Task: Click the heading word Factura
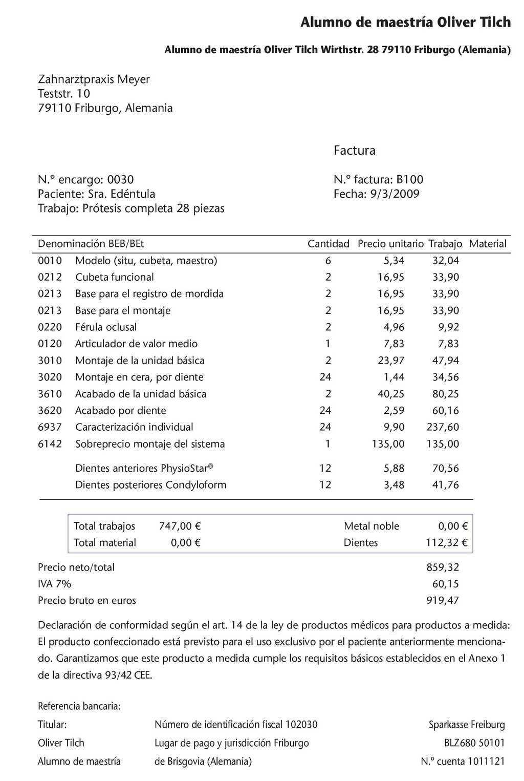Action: (x=354, y=151)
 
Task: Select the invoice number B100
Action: (x=409, y=180)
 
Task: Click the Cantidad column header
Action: (x=328, y=244)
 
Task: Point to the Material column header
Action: (x=487, y=244)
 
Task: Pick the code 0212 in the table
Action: (x=50, y=277)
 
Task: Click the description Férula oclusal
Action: (x=106, y=327)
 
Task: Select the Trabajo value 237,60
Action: (x=443, y=427)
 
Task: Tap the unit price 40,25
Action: (x=391, y=394)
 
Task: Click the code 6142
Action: (x=50, y=444)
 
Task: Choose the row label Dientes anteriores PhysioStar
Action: (x=144, y=468)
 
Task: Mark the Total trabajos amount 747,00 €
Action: (x=180, y=526)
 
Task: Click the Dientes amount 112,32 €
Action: (x=446, y=542)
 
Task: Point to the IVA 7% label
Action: (x=54, y=584)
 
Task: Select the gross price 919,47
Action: (x=443, y=600)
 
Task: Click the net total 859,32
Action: (x=443, y=567)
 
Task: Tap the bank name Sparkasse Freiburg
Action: (x=466, y=725)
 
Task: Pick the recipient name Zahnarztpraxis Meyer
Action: (x=94, y=79)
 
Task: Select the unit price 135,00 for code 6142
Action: (x=387, y=444)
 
